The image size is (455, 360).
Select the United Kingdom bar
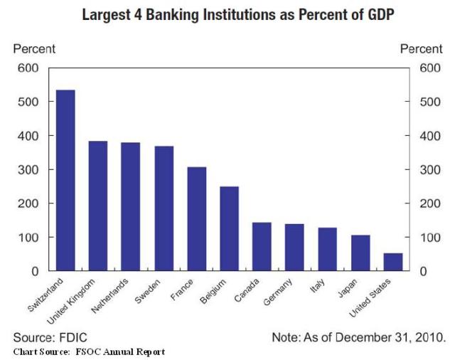click(x=98, y=206)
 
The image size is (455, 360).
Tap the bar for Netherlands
click(x=131, y=207)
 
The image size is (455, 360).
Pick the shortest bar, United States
click(x=393, y=262)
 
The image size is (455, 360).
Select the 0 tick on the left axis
click(x=35, y=271)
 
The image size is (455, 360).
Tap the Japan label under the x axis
click(x=348, y=290)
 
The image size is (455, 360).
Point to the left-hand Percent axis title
click(x=34, y=49)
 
